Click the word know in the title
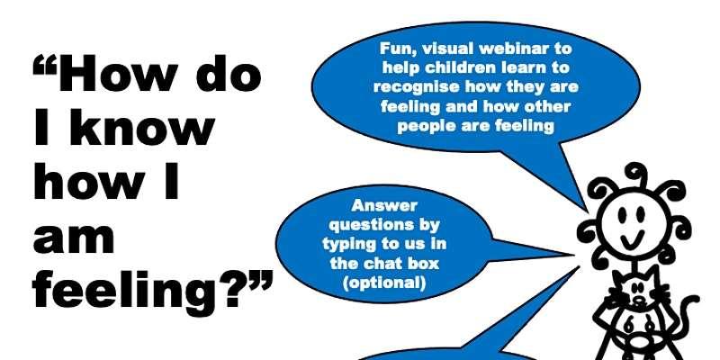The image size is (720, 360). pos(143,130)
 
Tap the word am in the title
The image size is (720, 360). pos(74,238)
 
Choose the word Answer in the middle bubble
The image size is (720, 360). pos(384,206)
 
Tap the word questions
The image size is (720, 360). pos(385,226)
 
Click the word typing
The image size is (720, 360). pos(351,245)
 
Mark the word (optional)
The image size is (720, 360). pos(384,283)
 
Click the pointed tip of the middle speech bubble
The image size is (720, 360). pos(573,254)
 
